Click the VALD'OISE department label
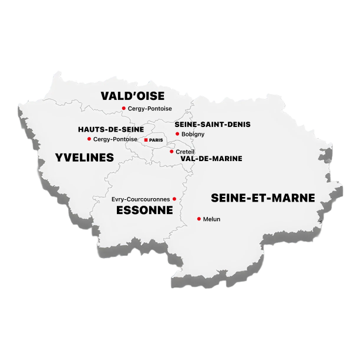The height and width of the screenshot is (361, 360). coord(132,96)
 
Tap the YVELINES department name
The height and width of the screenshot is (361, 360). coord(84,157)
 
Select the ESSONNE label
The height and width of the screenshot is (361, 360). coord(144,210)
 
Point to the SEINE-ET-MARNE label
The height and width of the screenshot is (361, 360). coord(263,198)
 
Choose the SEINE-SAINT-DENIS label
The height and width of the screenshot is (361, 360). coord(213,124)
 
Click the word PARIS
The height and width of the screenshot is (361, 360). coord(156,140)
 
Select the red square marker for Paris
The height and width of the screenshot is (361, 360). coord(146,140)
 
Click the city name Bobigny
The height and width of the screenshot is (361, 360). coord(193,134)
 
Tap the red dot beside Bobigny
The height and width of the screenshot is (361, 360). coord(177,133)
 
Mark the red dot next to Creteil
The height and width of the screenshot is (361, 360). coord(171,152)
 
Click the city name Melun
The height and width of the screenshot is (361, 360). coord(211,219)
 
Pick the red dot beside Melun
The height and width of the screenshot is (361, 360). coord(198,219)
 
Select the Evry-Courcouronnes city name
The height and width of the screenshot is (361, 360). coord(140,199)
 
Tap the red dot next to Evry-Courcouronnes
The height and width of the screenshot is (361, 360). coord(174,199)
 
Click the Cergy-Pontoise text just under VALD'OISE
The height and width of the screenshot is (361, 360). coord(150,109)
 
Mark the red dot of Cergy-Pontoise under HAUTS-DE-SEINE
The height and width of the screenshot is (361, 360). coord(89,139)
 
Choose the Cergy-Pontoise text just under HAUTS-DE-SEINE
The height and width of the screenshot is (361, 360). coord(115,139)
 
